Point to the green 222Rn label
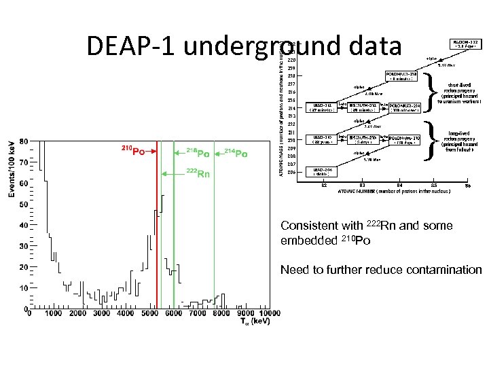[198, 175]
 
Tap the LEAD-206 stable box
[322, 171]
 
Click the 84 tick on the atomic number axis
[399, 185]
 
